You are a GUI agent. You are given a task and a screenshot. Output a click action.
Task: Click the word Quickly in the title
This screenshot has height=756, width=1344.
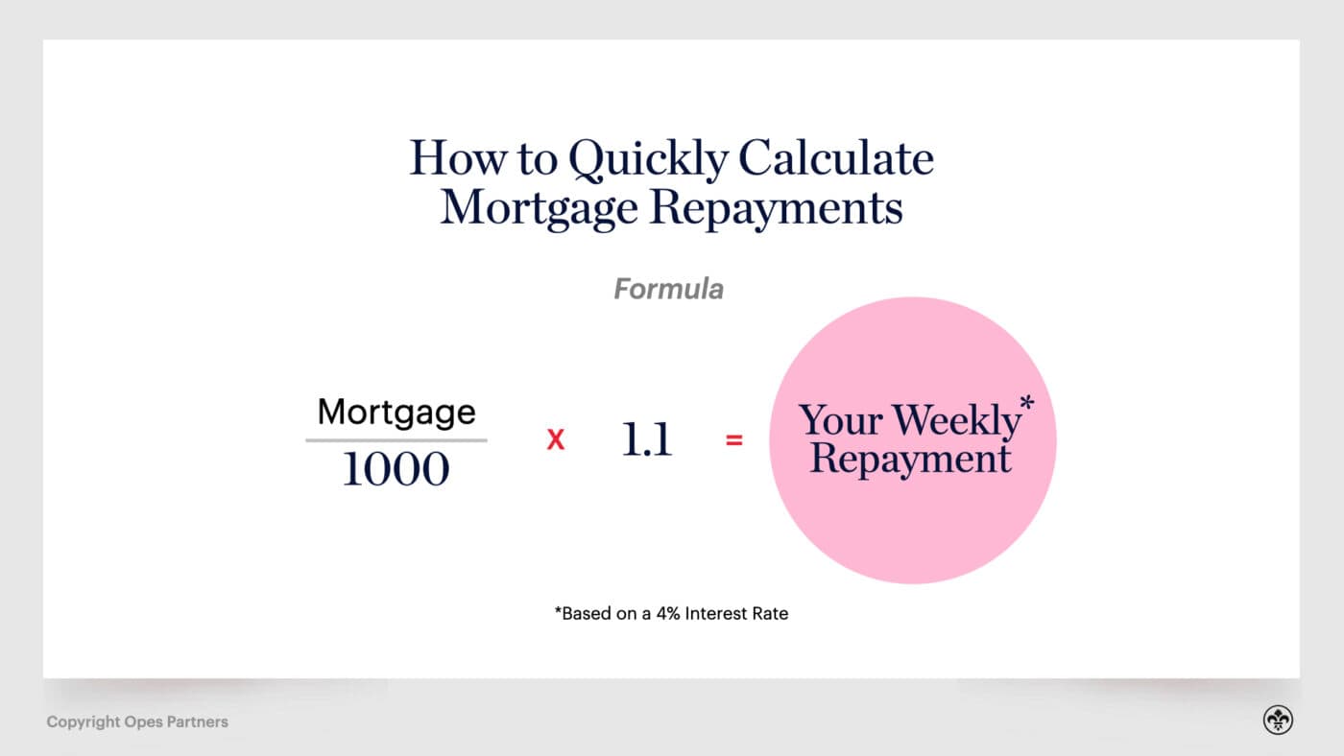click(648, 160)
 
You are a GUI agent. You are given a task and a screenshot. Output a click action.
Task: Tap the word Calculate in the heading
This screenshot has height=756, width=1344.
click(835, 158)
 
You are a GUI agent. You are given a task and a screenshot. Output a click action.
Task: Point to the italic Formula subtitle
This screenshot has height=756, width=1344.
click(668, 289)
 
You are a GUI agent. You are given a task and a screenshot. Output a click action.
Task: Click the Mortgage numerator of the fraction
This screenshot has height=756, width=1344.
click(396, 413)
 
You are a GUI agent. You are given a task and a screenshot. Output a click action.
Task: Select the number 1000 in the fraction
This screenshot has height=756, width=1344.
click(396, 469)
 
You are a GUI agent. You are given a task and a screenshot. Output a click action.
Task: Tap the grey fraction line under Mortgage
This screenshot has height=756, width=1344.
click(396, 440)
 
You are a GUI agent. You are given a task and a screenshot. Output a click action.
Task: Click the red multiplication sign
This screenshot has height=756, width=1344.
click(555, 440)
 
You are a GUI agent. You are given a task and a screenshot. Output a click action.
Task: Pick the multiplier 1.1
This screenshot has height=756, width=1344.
click(646, 439)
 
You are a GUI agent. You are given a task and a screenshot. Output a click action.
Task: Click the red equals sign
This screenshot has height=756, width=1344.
click(734, 441)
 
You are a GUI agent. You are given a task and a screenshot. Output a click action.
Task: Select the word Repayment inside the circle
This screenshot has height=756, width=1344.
click(910, 458)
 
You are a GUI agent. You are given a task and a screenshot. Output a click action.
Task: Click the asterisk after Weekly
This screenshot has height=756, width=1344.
click(1026, 405)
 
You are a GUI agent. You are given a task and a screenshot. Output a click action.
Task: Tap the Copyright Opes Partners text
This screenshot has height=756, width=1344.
click(137, 721)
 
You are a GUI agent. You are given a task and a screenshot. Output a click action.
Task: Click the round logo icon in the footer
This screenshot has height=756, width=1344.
click(1278, 721)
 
